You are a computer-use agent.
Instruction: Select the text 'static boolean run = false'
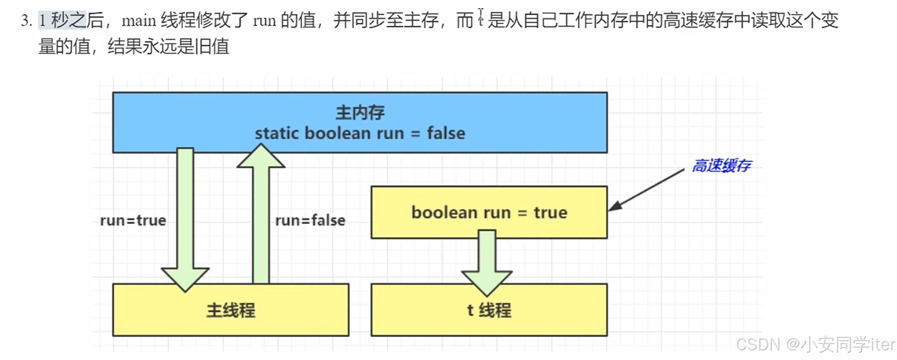pyautogui.click(x=360, y=133)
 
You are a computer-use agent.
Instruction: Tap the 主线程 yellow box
pyautogui.click(x=231, y=310)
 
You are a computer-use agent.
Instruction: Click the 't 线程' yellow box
pyautogui.click(x=489, y=310)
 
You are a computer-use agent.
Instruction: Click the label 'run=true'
pyautogui.click(x=133, y=220)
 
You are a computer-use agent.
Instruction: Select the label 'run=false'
pyautogui.click(x=310, y=220)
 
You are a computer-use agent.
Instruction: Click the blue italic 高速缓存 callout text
pyautogui.click(x=721, y=166)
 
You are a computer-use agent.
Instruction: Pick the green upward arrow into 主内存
pyautogui.click(x=261, y=214)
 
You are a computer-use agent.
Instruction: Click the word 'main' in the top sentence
pyautogui.click(x=139, y=20)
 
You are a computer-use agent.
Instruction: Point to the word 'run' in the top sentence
pyautogui.click(x=264, y=20)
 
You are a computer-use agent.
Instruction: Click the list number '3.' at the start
pyautogui.click(x=26, y=20)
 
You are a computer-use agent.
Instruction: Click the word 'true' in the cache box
pyautogui.click(x=550, y=213)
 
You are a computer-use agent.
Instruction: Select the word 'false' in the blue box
pyautogui.click(x=446, y=133)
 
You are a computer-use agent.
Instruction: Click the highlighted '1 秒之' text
pyautogui.click(x=62, y=20)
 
